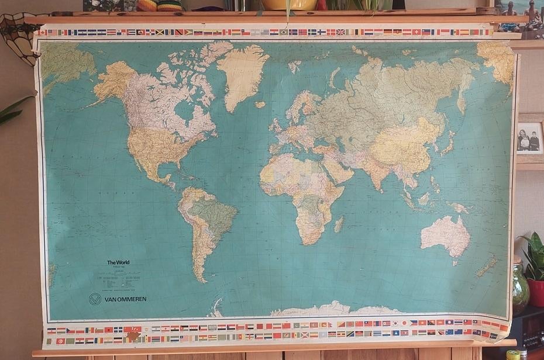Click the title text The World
[118, 262]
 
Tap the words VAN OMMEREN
[125, 299]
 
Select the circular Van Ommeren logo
[95, 299]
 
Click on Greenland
[242, 76]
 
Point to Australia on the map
[446, 234]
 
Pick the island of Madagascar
[339, 223]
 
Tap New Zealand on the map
[487, 266]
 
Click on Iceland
[260, 105]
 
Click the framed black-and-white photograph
[529, 139]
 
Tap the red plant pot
[536, 293]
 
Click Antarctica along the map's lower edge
[328, 309]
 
